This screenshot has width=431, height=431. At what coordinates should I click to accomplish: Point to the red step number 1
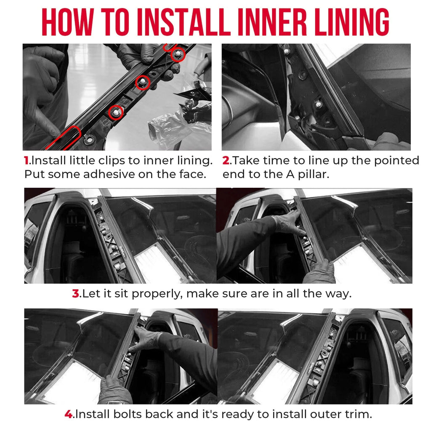pos(27,161)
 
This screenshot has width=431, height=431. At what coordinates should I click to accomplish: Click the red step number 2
pos(226,161)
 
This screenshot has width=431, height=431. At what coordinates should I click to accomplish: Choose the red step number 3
pos(75,294)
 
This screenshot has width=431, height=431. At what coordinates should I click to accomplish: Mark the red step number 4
pos(69,414)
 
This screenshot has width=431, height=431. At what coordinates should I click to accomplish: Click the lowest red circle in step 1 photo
pos(116,112)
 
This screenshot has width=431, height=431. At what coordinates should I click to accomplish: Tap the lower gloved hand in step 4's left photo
pos(114,389)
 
